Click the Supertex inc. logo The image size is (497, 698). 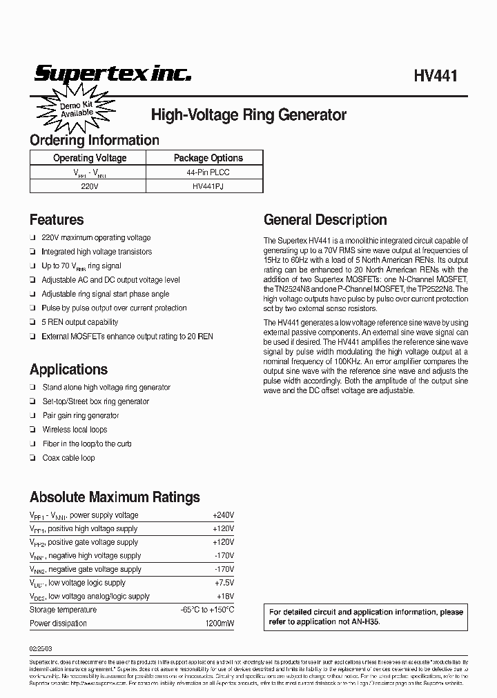point(113,74)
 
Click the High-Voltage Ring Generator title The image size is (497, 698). point(248,115)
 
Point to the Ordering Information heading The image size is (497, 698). point(95,140)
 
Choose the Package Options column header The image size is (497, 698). point(208,158)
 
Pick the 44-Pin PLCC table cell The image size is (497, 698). point(208,172)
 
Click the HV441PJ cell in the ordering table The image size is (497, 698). point(208,186)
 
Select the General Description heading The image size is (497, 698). point(325,220)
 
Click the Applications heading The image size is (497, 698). point(68,369)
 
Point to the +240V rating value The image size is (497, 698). point(223,515)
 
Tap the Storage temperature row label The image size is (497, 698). point(63,610)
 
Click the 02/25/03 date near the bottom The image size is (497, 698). point(41,648)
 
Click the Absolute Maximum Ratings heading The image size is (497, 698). point(115,497)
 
